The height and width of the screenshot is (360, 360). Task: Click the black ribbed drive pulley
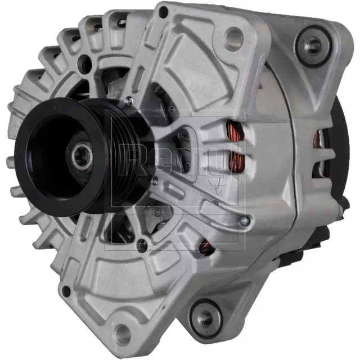[56, 155]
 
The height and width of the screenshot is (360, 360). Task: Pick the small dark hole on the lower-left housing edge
[66, 291]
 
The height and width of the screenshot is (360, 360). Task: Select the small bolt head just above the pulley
[129, 101]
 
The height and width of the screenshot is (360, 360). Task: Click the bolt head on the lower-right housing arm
[243, 221]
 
